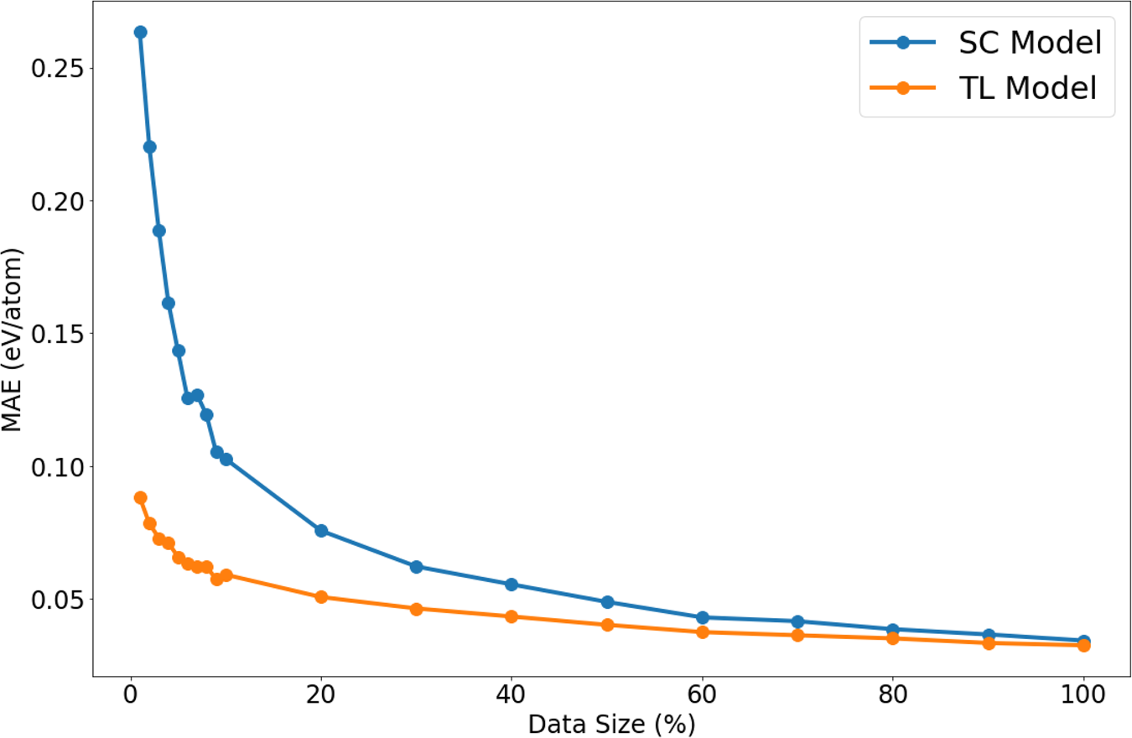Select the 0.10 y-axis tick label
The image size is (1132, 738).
tap(59, 466)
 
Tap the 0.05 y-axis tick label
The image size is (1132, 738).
tap(59, 599)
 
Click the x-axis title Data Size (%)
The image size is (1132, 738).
tap(611, 724)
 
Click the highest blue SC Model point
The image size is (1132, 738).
tap(140, 32)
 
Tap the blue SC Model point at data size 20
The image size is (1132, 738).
tap(321, 531)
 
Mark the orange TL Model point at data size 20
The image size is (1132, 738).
tap(321, 597)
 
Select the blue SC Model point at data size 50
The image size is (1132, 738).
tap(608, 602)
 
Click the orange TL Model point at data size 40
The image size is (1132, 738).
tap(511, 616)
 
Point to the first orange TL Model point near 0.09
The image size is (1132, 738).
tap(140, 497)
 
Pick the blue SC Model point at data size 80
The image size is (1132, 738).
tap(893, 629)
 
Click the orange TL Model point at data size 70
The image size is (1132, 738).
tap(797, 635)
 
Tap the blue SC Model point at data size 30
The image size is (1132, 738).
tap(416, 567)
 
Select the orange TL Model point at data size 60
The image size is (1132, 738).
tap(703, 631)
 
